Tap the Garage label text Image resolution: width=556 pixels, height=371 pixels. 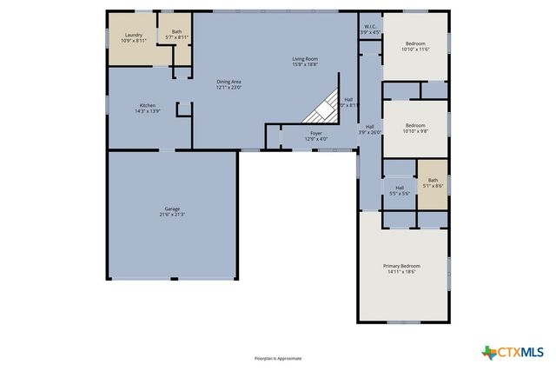(x=172, y=209)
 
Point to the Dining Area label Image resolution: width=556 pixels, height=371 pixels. (x=228, y=82)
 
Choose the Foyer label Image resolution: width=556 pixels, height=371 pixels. (x=316, y=134)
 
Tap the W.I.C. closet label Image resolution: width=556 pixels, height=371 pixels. (x=369, y=27)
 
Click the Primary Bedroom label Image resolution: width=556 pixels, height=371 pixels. (x=401, y=266)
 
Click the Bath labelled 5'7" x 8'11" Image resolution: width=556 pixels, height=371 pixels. (x=177, y=37)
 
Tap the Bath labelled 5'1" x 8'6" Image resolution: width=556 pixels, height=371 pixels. (x=433, y=185)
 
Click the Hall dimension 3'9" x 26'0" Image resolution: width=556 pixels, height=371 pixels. (x=370, y=133)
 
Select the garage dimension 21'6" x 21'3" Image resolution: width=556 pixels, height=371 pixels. (x=172, y=215)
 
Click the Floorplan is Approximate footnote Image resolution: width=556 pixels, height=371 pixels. (x=278, y=358)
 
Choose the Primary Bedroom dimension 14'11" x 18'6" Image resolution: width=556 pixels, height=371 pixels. (x=401, y=272)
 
